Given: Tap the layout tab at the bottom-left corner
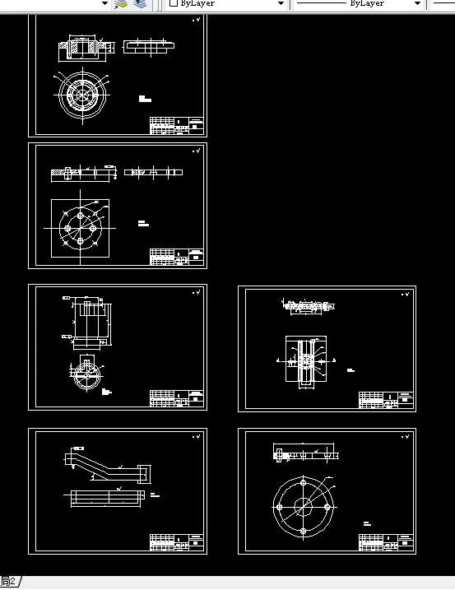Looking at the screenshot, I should point(9,582).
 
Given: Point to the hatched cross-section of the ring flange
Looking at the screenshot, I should point(80,49).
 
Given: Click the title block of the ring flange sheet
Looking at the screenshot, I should point(176,126).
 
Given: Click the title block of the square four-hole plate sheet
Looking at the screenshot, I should point(176,257).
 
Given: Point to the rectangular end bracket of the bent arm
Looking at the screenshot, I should point(145,475).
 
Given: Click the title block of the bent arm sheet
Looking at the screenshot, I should point(176,543).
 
